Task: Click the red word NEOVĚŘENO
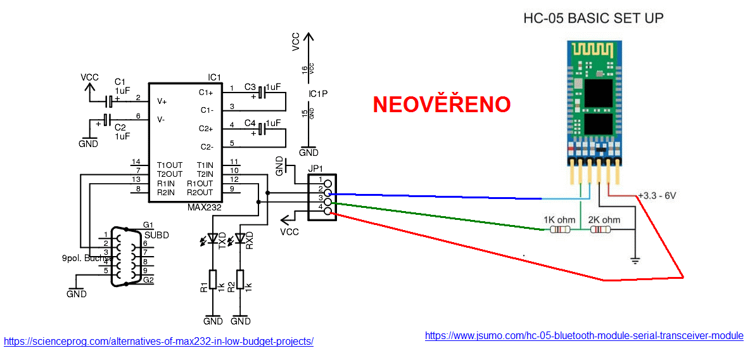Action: pos(442,105)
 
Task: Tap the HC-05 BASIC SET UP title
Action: pos(593,18)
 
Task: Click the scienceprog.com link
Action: pos(158,341)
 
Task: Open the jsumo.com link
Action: pos(584,335)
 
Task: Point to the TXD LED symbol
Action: pos(213,239)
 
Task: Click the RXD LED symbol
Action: pos(240,239)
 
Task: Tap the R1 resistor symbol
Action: pos(213,279)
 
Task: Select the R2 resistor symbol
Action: pos(240,279)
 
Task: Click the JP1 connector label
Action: pos(316,169)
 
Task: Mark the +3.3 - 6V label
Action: pos(658,195)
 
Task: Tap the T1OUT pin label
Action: pos(169,165)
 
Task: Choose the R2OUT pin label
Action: pos(200,192)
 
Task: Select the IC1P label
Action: pos(318,94)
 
